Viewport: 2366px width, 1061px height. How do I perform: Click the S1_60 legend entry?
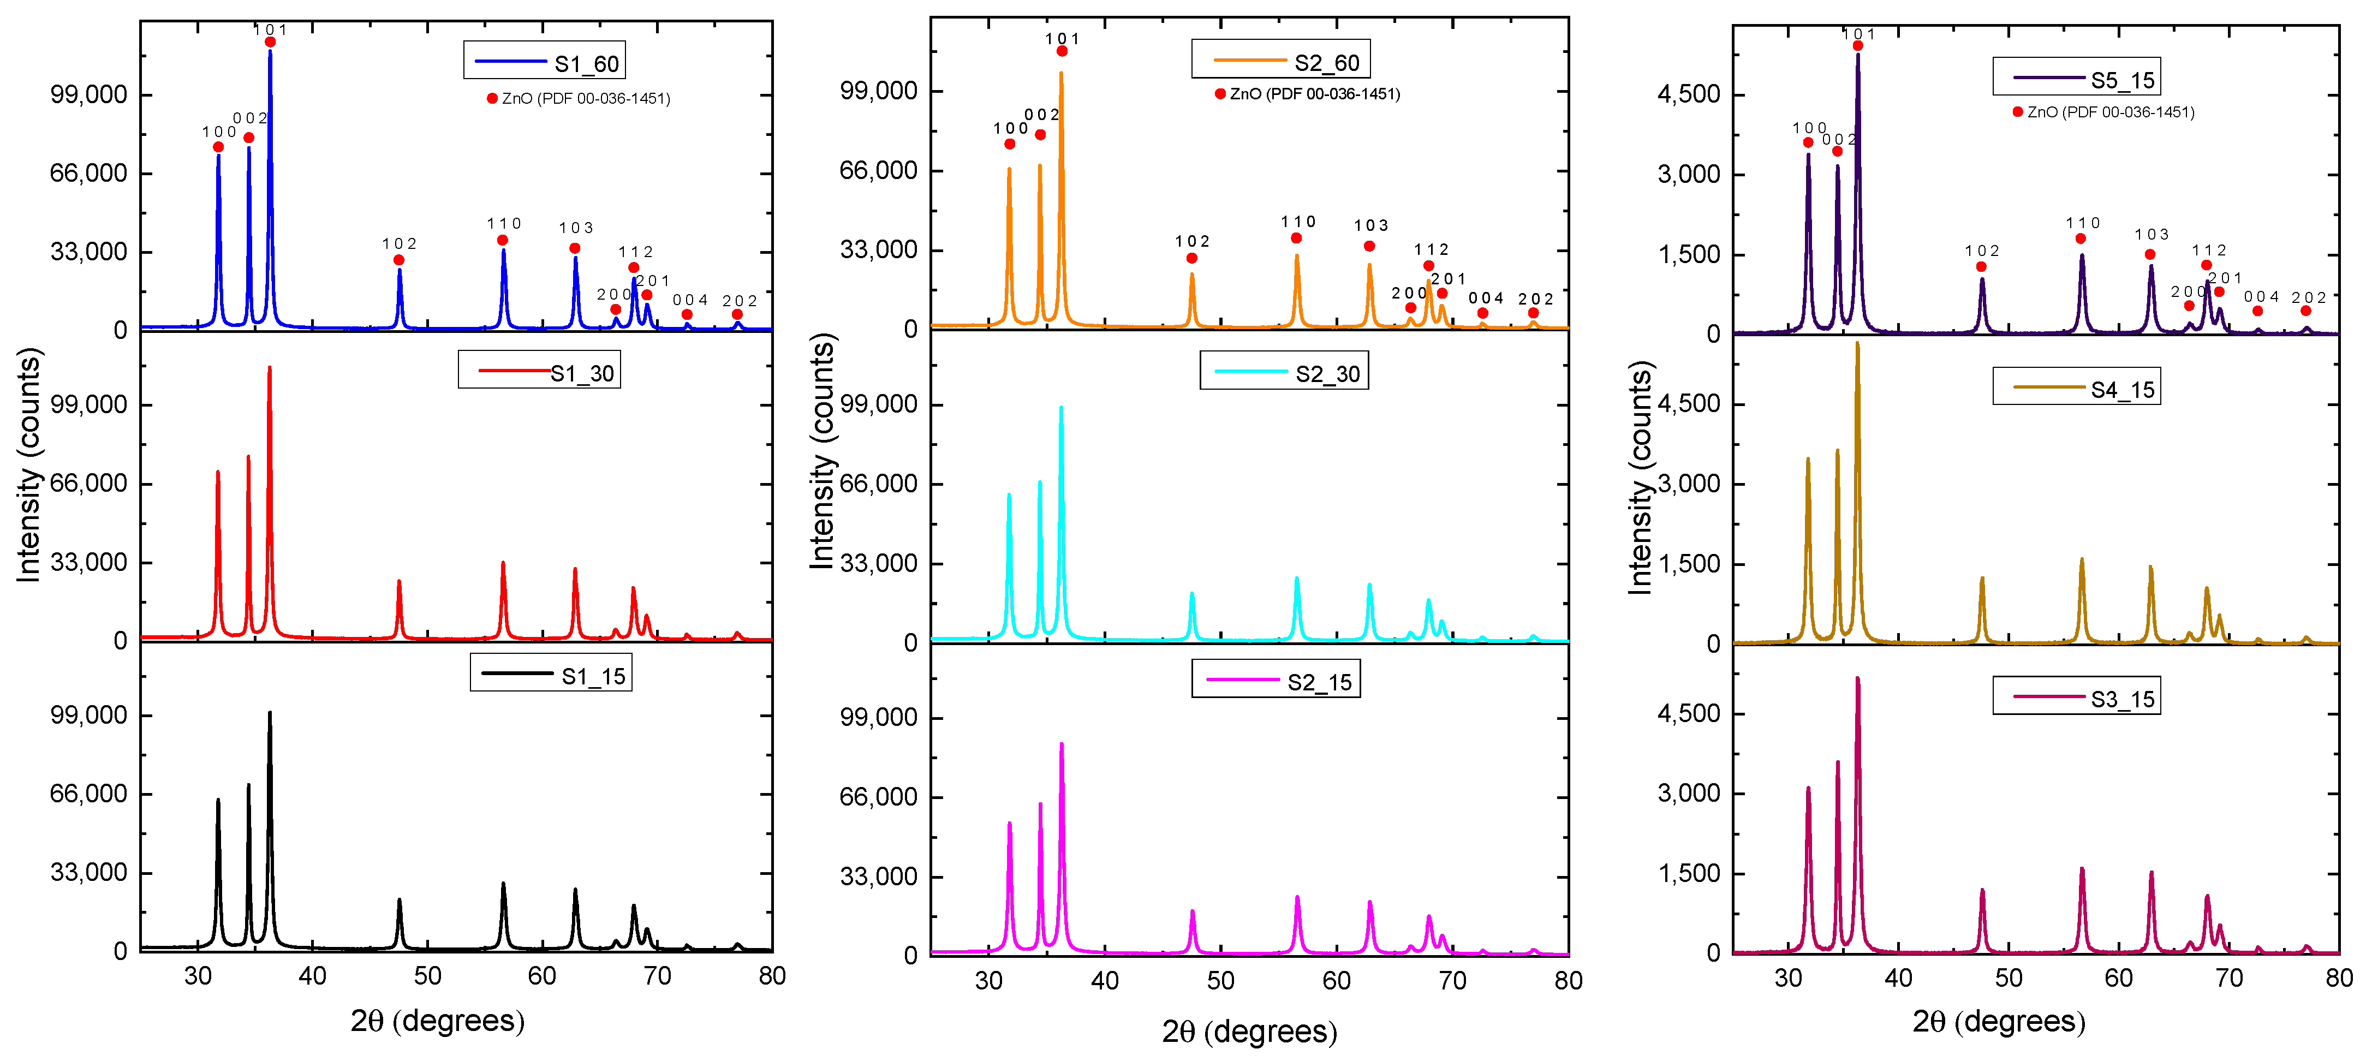545,62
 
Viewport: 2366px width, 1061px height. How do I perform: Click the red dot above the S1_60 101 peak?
270,42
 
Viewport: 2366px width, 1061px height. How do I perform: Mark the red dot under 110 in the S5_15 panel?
2081,239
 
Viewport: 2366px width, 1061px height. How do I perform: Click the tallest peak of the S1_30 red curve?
269,368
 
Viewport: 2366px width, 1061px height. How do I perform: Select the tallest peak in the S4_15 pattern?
1857,344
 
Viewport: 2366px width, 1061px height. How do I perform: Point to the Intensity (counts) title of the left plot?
29,465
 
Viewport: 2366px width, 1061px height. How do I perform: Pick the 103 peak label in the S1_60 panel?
576,228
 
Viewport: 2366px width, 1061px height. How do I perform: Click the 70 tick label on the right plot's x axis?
2229,979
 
